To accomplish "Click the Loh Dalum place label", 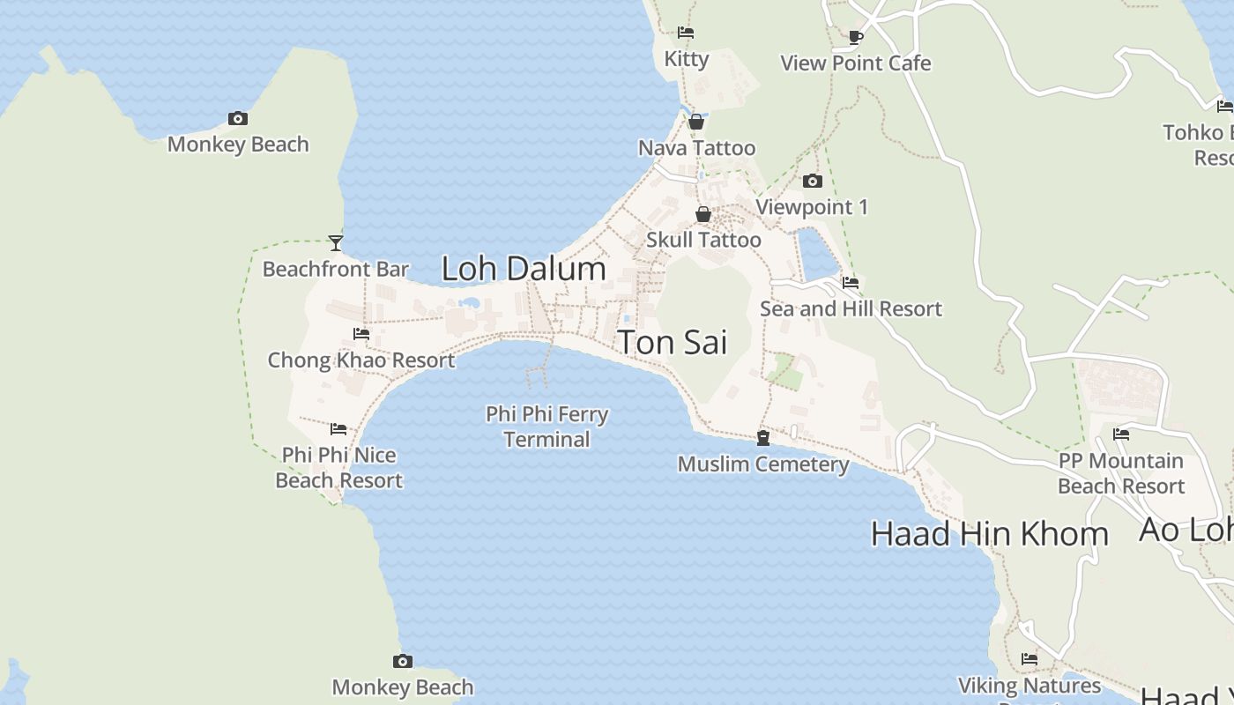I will coord(524,269).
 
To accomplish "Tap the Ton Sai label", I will coord(673,342).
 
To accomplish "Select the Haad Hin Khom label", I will coord(989,534).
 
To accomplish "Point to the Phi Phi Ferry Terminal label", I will coord(546,427).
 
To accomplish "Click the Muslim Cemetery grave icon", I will coord(763,438).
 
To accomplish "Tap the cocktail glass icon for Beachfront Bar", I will coord(336,243).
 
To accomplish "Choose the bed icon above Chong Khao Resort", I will coord(361,334).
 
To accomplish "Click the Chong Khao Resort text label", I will coord(361,360).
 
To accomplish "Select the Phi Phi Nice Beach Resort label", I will coord(339,468).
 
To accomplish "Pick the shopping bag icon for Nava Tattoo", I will coord(696,122).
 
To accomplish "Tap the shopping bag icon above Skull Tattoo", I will coord(703,214).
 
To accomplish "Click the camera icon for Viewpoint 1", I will coord(813,182).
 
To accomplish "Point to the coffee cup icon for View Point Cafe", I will coord(855,37).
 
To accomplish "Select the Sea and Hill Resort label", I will coord(851,309).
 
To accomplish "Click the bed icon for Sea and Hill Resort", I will coord(851,283).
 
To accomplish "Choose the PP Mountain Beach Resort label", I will coord(1121,473).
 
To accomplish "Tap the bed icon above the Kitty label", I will coord(686,33).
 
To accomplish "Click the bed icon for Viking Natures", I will coord(1029,659).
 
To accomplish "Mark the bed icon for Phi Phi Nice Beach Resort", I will coord(338,429).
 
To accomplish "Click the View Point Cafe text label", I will coord(856,63).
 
